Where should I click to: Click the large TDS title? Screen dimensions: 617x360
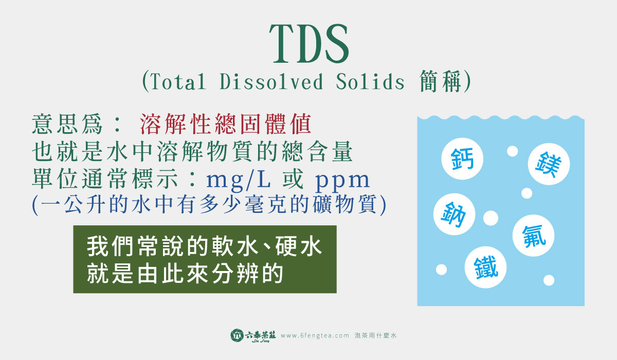tap(309, 44)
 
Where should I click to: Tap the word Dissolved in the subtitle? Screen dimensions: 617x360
tap(271, 82)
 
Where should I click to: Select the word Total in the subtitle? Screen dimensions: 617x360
tap(178, 82)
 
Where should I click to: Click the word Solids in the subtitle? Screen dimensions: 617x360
tap(370, 82)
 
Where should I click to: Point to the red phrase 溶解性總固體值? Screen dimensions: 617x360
tap(226, 124)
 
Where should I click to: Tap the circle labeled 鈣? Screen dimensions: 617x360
tap(462, 158)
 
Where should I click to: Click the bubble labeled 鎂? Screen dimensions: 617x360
tap(549, 164)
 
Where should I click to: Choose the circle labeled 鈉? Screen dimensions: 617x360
tap(454, 214)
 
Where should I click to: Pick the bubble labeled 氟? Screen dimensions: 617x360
tap(533, 236)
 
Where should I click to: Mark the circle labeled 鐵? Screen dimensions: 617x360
tap(485, 267)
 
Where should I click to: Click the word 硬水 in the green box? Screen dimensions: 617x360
tap(298, 246)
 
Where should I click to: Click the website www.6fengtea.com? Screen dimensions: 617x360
tap(315, 335)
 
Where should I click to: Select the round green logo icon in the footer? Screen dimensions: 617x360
tap(237, 335)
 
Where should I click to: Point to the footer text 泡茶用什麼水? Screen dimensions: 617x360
tap(375, 335)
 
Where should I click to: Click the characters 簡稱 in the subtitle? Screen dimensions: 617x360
tap(441, 81)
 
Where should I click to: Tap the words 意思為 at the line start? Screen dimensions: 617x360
tap(67, 124)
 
